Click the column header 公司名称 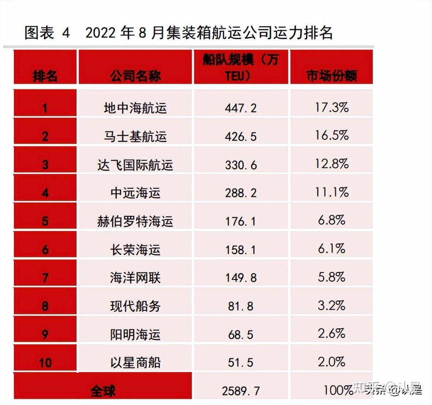click(135, 76)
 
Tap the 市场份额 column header click(331, 76)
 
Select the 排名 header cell click(45, 76)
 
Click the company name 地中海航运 click(135, 108)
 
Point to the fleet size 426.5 click(241, 136)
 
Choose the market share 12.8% click(332, 164)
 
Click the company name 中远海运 click(135, 193)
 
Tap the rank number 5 click(45, 221)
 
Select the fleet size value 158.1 click(241, 250)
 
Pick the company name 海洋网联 click(135, 278)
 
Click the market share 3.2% click(332, 305)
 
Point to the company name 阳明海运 click(135, 334)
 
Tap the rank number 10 click(45, 363)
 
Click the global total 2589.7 click(241, 391)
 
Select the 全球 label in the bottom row click(103, 391)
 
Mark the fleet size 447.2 click(241, 108)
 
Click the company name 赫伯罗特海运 click(135, 221)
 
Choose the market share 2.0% click(332, 362)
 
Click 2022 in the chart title click(101, 33)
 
